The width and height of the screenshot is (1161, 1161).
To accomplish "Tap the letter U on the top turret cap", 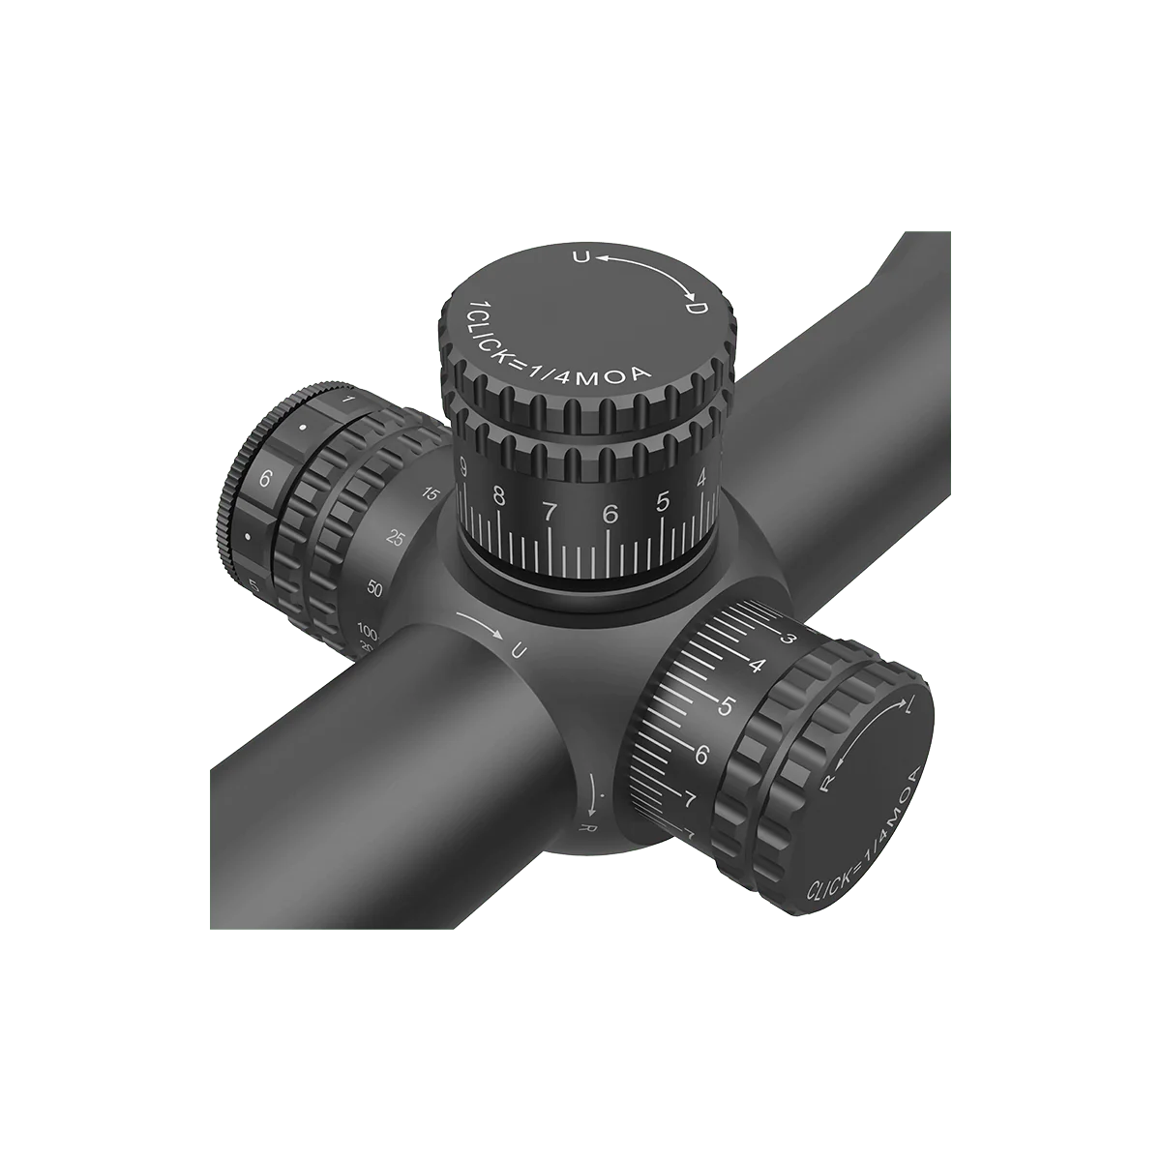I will click(x=580, y=257).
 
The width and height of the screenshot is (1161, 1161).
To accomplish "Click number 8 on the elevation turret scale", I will click(x=498, y=497).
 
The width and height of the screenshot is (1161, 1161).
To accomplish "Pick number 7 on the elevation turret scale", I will click(x=550, y=511).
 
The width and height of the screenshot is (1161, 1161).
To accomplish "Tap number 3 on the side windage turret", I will click(x=788, y=640).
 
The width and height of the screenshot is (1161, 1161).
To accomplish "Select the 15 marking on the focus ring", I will click(x=432, y=495).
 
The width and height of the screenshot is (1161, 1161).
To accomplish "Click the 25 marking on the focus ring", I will click(x=395, y=539).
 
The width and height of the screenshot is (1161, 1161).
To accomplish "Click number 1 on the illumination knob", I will click(x=348, y=400).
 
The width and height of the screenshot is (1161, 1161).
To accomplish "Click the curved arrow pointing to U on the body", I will click(x=481, y=625).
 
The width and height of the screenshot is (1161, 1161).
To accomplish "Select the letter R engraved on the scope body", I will click(x=584, y=828).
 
